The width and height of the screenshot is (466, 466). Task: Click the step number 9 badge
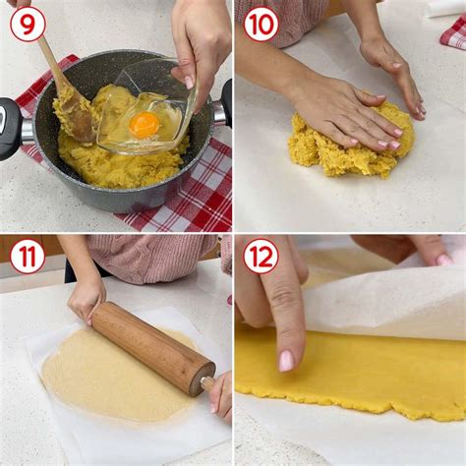coord(28,24)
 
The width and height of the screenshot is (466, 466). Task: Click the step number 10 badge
coord(261,24)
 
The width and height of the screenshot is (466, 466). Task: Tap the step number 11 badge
coord(28,257)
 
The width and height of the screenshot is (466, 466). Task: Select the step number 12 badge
coord(261,257)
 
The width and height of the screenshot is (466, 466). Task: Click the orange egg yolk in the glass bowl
coord(144,125)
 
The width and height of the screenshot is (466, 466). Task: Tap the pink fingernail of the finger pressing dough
coord(286,361)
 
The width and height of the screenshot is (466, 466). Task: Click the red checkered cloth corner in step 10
coord(454,32)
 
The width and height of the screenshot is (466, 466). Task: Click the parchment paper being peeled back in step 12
coord(383,305)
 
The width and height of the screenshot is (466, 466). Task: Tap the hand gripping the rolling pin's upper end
coord(87,300)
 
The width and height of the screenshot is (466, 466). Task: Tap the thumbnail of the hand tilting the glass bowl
coord(189,83)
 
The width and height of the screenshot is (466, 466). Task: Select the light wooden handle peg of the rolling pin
coord(207,383)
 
